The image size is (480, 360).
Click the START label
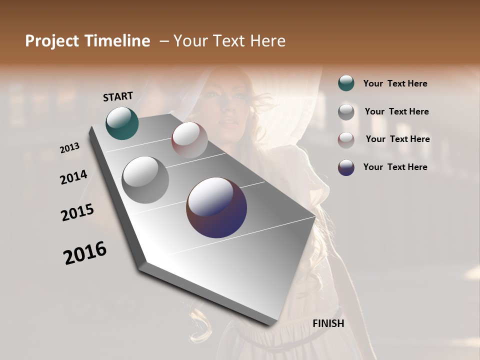[118, 96]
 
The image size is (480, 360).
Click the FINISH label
[328, 323]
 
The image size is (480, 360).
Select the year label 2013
[70, 148]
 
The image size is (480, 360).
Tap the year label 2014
[74, 177]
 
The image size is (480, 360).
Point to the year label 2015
[77, 212]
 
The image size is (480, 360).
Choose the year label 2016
[85, 252]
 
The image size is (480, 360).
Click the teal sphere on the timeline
[122, 123]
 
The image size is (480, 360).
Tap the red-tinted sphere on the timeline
[189, 140]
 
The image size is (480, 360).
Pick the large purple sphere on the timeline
[216, 207]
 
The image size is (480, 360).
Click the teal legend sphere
[346, 83]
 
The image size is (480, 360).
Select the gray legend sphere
[346, 112]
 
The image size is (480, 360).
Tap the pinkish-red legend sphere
[346, 139]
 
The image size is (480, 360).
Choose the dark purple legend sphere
[346, 167]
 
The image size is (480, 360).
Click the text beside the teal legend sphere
[395, 83]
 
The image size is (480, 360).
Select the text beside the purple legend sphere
[395, 167]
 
